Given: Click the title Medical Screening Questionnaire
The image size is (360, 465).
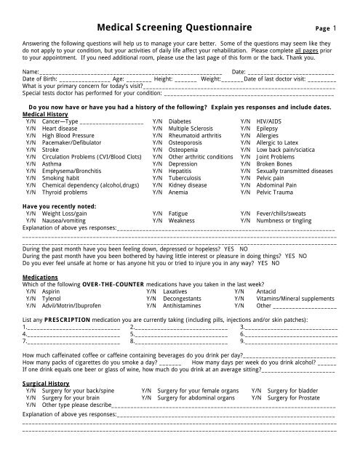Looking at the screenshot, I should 179,28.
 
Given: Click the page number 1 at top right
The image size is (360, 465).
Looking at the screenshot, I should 334,29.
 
